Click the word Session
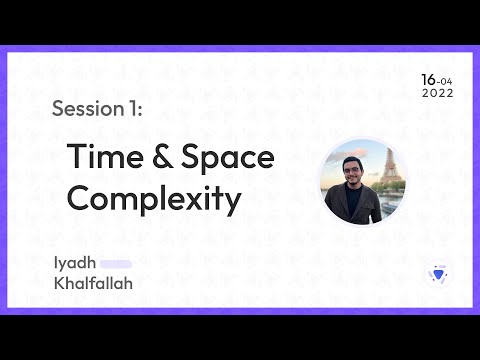(83, 109)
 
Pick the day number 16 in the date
(428, 79)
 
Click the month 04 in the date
(446, 81)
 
